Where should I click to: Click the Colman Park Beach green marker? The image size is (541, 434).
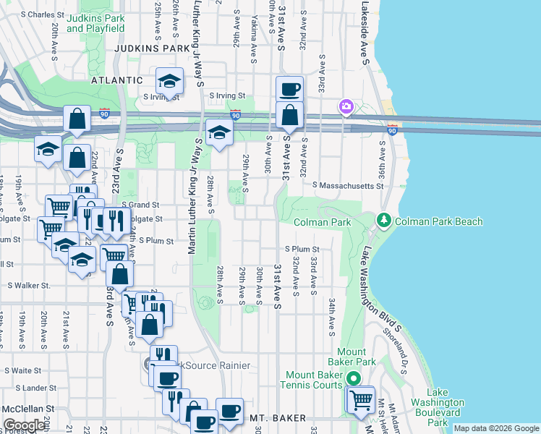tap(383, 219)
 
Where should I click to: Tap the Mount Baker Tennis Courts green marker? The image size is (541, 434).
tap(353, 378)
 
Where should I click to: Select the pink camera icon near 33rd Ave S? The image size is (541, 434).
tap(346, 107)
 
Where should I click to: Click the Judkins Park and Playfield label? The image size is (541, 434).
tap(95, 23)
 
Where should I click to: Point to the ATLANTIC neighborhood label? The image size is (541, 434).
tap(117, 80)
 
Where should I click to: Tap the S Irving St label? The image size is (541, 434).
tap(228, 95)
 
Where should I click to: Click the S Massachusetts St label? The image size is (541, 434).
tap(346, 186)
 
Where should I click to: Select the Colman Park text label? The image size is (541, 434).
tap(321, 221)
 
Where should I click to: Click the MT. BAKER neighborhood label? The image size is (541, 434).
tap(278, 418)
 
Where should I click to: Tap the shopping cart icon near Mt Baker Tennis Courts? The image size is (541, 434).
tap(360, 399)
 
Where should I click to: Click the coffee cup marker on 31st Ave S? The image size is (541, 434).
tap(289, 89)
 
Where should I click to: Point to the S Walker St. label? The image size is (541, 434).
tap(29, 286)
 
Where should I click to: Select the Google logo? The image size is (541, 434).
tap(24, 425)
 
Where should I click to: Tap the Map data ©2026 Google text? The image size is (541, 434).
tap(495, 428)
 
